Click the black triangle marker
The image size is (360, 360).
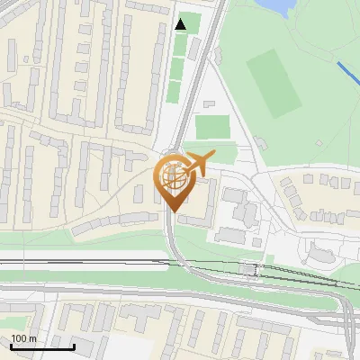pyautogui.click(x=181, y=24)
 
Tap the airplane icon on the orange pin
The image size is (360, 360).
pyautogui.click(x=198, y=163)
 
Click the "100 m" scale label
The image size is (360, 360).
pyautogui.click(x=23, y=338)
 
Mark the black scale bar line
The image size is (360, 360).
pyautogui.click(x=42, y=346)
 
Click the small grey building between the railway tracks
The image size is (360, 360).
pyautogui.click(x=249, y=269)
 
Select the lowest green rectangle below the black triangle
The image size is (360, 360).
pyautogui.click(x=174, y=91)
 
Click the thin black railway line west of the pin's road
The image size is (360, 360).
pyautogui.click(x=81, y=262)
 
